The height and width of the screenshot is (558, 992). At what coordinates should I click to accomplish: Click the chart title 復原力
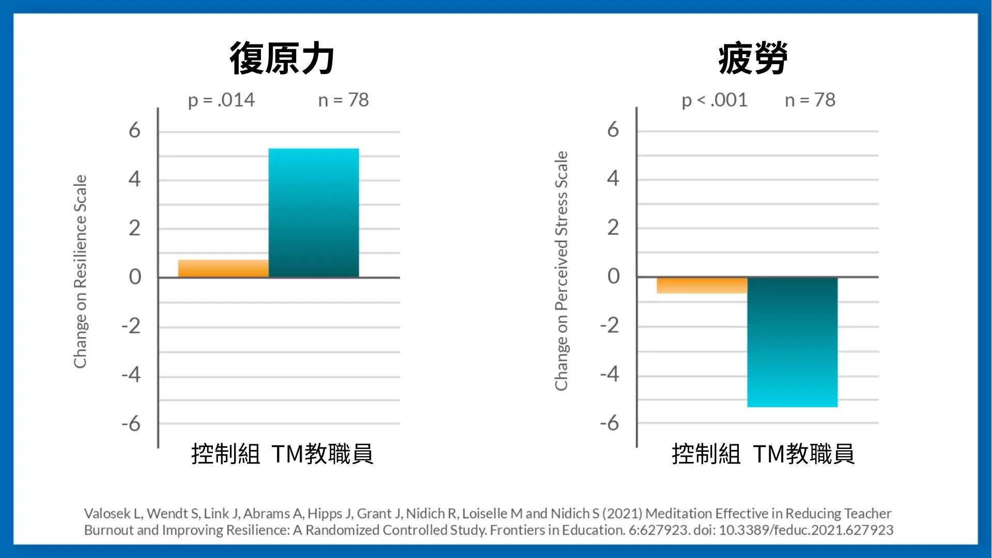point(282,58)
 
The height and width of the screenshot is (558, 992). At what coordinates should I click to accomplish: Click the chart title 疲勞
point(753,58)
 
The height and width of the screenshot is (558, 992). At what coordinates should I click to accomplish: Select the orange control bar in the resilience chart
point(223,269)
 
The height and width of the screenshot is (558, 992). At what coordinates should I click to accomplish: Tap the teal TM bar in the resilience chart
point(314,213)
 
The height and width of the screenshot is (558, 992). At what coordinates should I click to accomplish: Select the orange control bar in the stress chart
point(702,286)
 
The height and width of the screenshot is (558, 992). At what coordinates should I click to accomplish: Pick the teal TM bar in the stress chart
point(792,342)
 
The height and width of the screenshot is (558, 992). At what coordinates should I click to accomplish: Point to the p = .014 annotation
point(221,100)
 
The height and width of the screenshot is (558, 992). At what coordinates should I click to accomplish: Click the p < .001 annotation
point(715,100)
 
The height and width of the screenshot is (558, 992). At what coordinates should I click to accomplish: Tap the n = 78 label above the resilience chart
point(344,100)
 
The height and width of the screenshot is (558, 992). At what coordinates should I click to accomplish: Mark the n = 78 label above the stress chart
point(810,100)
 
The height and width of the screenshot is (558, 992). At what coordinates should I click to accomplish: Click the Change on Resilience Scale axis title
point(80,271)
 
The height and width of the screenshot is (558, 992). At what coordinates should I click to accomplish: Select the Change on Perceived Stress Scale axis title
point(561,271)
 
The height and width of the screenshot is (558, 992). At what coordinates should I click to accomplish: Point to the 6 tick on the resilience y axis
point(134,130)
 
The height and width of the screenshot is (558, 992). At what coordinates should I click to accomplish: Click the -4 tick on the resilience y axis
point(131,374)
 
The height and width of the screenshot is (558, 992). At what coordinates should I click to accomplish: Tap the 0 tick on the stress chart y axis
point(613,276)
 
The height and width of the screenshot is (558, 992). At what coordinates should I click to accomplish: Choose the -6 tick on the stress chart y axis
point(610,423)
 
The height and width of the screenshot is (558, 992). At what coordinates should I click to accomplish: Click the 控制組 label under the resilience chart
point(226,454)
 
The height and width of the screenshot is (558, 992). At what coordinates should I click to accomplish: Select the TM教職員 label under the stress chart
point(803,454)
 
